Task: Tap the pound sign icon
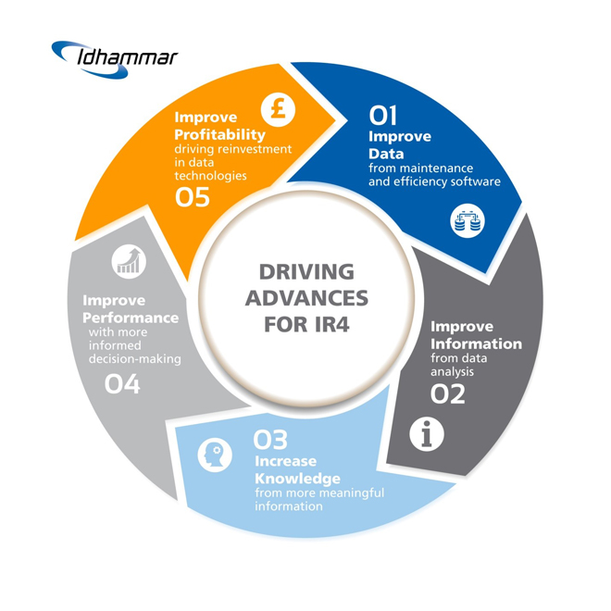point(275,109)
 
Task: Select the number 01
point(382,116)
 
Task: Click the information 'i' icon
point(426,434)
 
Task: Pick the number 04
point(122,382)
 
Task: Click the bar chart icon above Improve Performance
point(129,262)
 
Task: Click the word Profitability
point(213,136)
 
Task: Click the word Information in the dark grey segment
point(476,344)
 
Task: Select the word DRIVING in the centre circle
point(305,272)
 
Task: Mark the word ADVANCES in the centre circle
point(305,299)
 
